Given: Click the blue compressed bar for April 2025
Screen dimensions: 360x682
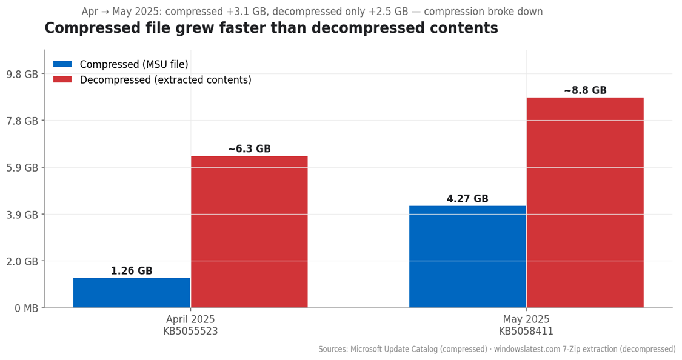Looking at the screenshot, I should click(132, 293).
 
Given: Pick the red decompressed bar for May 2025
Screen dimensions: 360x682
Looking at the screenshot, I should click(585, 202).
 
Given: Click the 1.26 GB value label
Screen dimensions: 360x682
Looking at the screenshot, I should click(132, 271).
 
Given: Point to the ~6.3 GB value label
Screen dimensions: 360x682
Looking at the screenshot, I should click(249, 149).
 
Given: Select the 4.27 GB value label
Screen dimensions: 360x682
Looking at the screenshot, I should click(467, 199).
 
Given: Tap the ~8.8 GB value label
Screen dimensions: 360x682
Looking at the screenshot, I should click(585, 90).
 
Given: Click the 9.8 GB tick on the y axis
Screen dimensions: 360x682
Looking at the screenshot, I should click(22, 74).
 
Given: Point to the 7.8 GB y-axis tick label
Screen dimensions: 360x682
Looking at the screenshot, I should click(22, 121).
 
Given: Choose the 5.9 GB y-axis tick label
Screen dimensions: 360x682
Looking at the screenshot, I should click(22, 168).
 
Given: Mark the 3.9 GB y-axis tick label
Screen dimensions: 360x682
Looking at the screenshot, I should click(22, 215).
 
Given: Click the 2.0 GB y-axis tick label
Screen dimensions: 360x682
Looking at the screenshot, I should click(22, 261).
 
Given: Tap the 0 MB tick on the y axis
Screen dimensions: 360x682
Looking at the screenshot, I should click(26, 308).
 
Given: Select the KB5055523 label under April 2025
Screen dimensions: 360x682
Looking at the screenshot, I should click(190, 332).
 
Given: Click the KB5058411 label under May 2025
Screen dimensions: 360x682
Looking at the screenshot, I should click(526, 332).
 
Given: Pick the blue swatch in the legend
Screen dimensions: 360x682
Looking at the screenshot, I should click(62, 64).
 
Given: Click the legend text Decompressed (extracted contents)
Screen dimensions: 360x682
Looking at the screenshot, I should click(165, 80).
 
